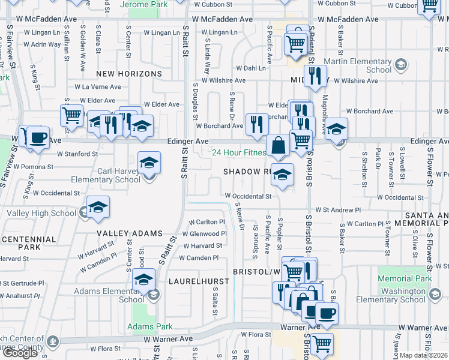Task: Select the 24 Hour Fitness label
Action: pyautogui.click(x=239, y=152)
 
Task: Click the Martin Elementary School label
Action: pyautogui.click(x=358, y=65)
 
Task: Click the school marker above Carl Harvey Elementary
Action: pyautogui.click(x=149, y=163)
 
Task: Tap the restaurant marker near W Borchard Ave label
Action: pyautogui.click(x=257, y=125)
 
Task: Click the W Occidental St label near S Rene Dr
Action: pyautogui.click(x=248, y=196)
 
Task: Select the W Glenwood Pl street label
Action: pyautogui.click(x=204, y=233)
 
